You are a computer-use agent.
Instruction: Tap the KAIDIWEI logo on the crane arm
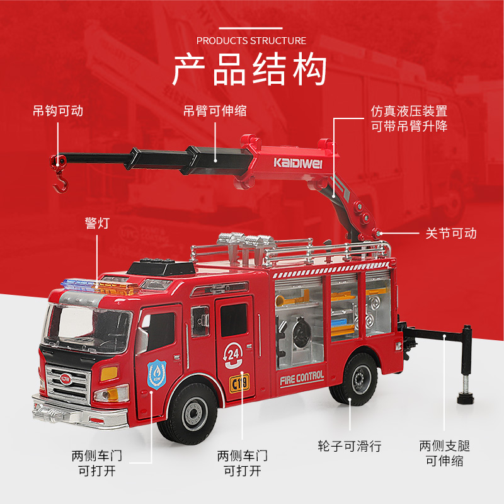[x=297, y=163]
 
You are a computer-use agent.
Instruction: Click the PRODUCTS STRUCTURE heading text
[x=251, y=41]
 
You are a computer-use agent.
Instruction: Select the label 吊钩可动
[x=58, y=112]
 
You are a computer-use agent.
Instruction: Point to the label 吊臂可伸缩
[x=215, y=112]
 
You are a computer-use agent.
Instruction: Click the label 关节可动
[x=451, y=233]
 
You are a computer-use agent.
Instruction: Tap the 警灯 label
[x=97, y=223]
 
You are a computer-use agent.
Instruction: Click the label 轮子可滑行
[x=350, y=446]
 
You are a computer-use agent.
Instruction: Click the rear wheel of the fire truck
[x=355, y=379]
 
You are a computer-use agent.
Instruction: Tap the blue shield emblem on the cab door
[x=157, y=374]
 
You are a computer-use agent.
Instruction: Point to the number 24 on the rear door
[x=233, y=355]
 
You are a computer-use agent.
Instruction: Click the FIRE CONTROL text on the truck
[x=302, y=379]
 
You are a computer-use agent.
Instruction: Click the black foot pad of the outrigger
[x=466, y=399]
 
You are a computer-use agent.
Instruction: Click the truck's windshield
[x=87, y=328]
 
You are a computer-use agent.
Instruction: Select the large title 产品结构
[x=249, y=69]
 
